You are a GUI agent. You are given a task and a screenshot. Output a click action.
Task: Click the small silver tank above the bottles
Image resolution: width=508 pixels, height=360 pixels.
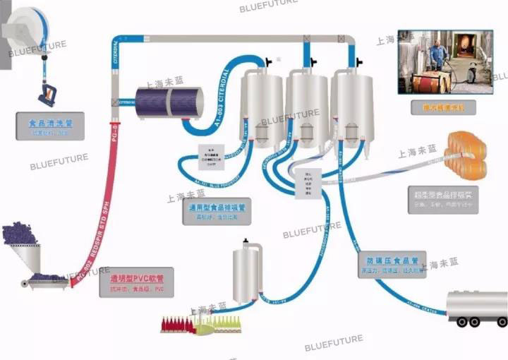point(248,272)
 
